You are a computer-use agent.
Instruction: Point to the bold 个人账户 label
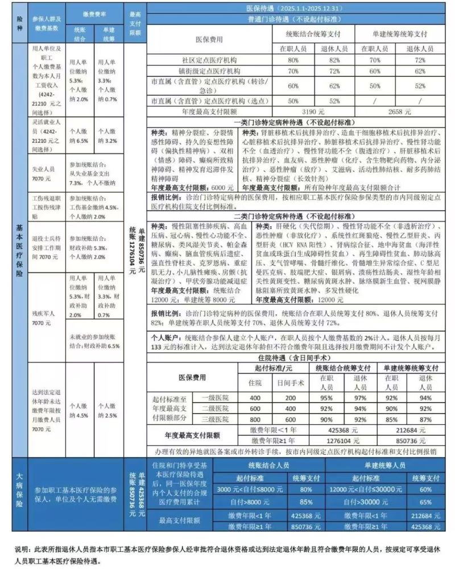(166, 337)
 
